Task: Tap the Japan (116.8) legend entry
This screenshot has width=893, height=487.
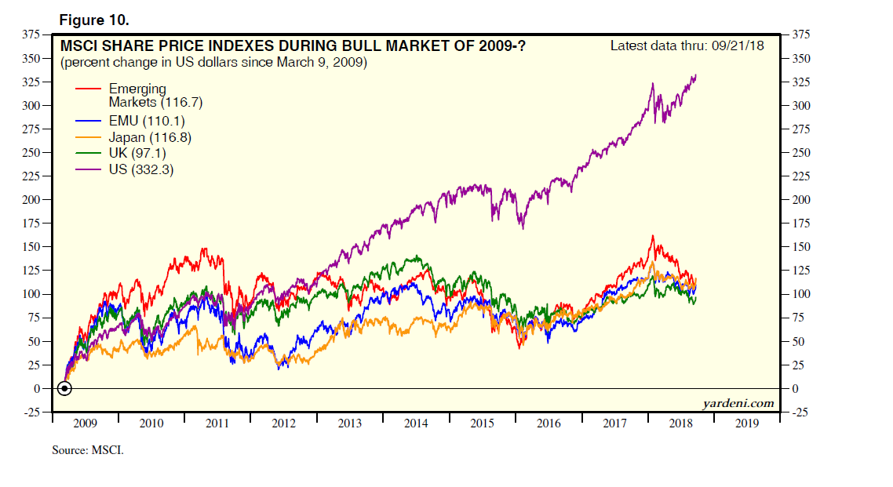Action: (x=140, y=137)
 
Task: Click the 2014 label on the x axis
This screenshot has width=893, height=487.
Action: (x=416, y=424)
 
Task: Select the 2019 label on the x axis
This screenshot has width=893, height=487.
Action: (x=748, y=424)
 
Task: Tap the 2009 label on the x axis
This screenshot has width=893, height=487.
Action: (x=85, y=424)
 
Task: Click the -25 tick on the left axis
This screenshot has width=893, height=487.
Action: (x=31, y=412)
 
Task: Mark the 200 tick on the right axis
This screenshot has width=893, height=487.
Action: (x=804, y=200)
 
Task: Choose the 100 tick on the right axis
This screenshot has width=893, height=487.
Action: (x=804, y=294)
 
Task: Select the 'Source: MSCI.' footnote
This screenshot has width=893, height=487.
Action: (x=88, y=451)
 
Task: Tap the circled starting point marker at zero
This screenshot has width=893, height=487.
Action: (x=65, y=388)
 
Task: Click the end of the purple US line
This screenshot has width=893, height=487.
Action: (x=695, y=76)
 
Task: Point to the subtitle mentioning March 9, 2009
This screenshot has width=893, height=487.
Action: (x=213, y=62)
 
